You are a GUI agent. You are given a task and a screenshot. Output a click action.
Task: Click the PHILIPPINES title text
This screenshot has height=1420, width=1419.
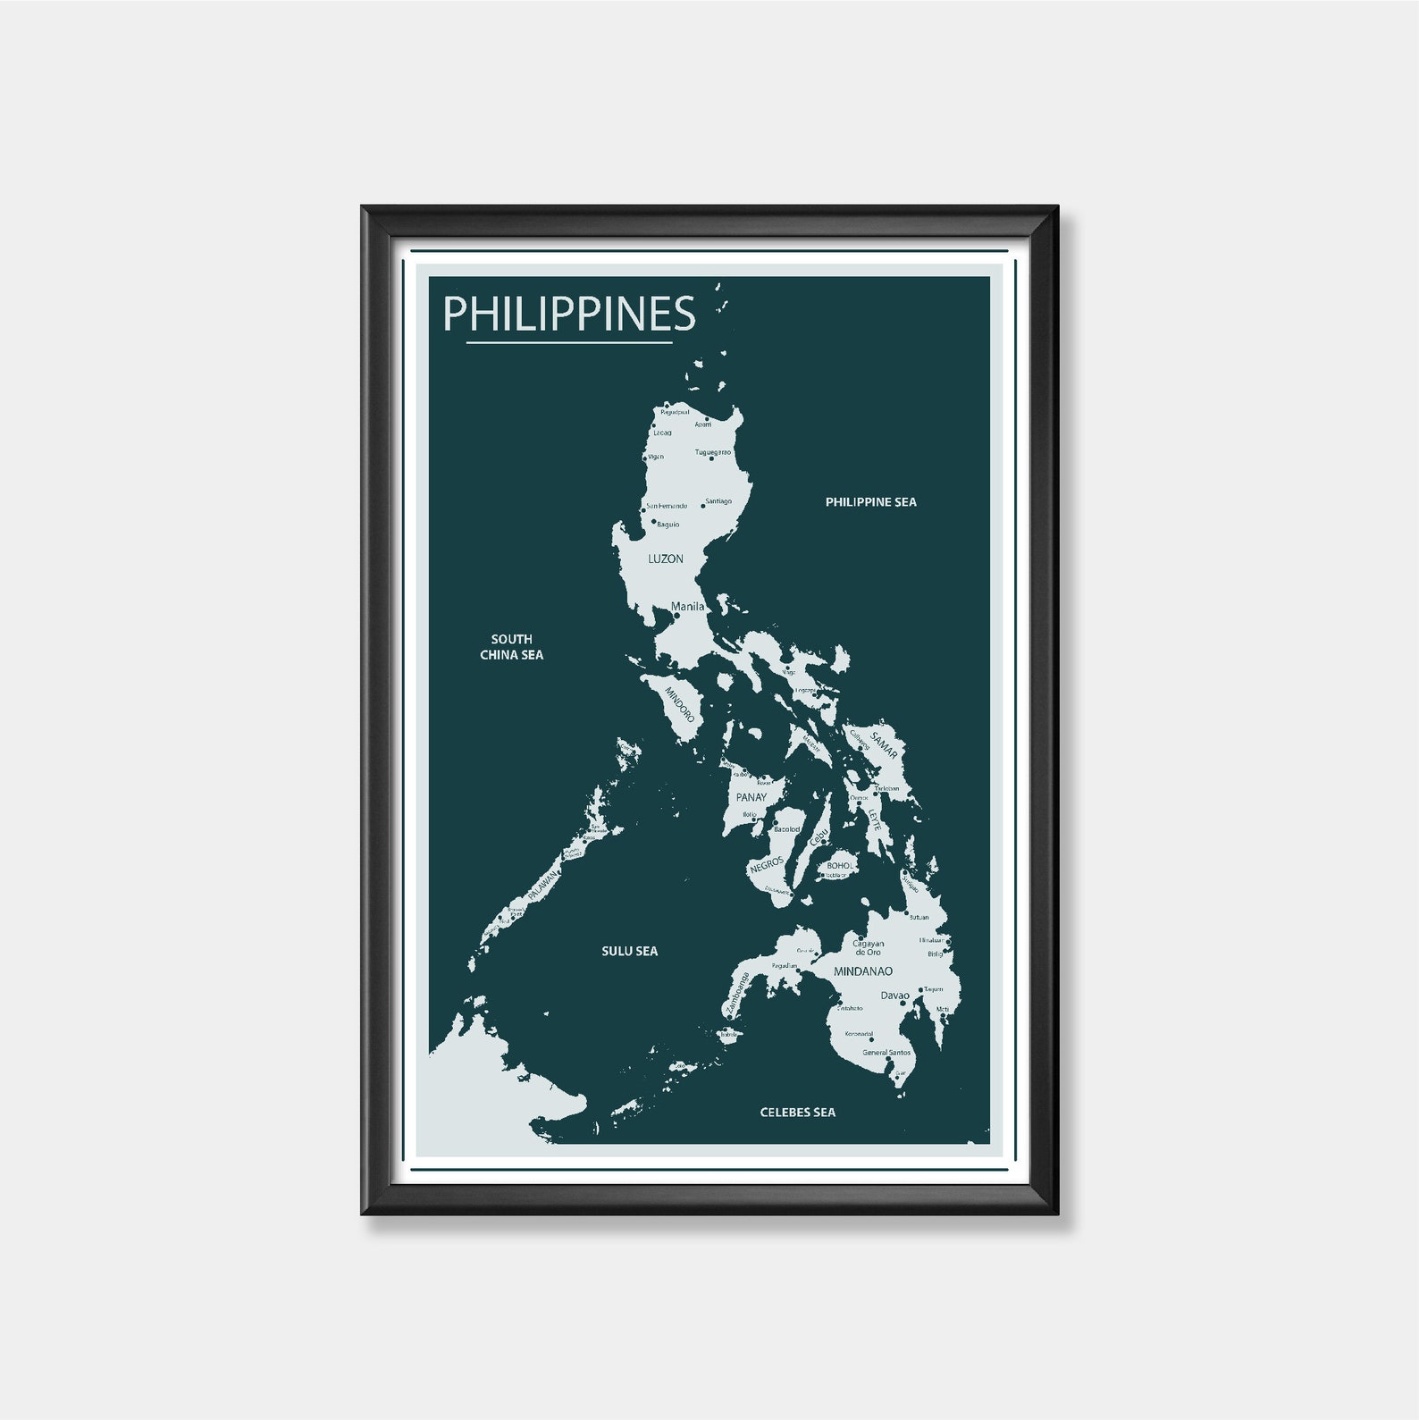tap(569, 314)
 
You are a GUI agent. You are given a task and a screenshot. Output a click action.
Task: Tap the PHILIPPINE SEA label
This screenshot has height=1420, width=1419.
tap(870, 502)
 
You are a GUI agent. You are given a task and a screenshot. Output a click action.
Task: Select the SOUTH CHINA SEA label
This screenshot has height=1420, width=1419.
tap(511, 647)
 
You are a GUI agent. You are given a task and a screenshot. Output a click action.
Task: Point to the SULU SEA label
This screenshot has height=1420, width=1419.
tap(629, 951)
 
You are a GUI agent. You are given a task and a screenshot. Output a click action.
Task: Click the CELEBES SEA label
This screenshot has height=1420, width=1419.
tap(797, 1113)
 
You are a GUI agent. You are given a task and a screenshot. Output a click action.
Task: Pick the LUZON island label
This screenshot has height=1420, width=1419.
tap(665, 559)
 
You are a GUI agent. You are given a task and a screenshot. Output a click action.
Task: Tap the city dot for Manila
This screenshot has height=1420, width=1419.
tap(676, 616)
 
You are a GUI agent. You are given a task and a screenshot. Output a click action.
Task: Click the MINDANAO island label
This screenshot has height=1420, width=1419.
tap(862, 971)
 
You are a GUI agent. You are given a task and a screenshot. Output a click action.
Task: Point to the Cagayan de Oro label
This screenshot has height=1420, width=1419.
tap(868, 947)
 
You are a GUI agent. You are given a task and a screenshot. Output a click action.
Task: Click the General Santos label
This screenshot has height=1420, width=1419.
tap(886, 1053)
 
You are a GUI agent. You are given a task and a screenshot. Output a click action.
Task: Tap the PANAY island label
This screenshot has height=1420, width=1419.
tap(751, 797)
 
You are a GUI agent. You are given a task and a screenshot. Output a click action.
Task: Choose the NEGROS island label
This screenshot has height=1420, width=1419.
tap(767, 865)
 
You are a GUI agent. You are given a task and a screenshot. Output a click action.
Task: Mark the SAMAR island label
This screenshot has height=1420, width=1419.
tap(883, 744)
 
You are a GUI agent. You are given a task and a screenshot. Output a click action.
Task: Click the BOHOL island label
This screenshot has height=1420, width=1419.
tap(840, 866)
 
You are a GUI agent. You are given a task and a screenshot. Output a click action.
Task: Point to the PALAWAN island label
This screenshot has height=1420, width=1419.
tap(542, 885)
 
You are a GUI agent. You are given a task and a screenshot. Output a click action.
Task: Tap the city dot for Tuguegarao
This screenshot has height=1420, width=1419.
tap(711, 458)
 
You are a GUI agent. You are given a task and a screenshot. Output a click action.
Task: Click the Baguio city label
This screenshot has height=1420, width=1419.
tap(668, 525)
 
